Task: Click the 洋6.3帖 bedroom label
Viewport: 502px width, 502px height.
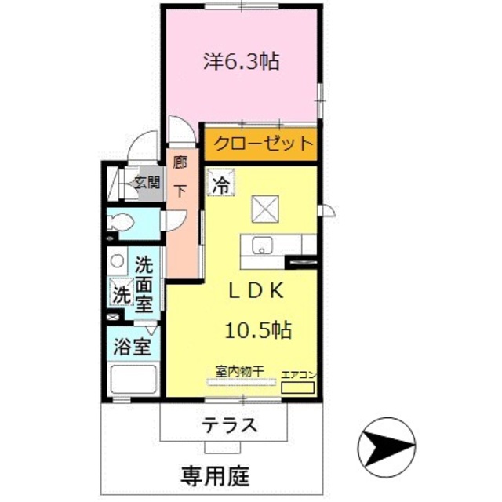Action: [x=242, y=61]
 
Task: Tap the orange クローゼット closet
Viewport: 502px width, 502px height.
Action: [x=262, y=144]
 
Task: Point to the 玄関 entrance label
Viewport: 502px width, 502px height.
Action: [x=145, y=184]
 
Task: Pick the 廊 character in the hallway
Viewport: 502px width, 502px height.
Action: [x=180, y=163]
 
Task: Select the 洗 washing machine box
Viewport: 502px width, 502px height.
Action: [x=120, y=295]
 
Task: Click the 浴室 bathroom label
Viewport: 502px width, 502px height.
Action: [x=132, y=346]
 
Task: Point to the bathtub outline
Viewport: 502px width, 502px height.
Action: [x=133, y=382]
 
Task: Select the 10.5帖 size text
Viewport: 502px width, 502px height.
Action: [x=260, y=330]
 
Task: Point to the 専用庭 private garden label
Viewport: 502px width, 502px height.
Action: [x=212, y=474]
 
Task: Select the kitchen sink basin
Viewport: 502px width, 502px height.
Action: [x=262, y=246]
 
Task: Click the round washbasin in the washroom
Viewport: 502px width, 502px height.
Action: [x=117, y=260]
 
